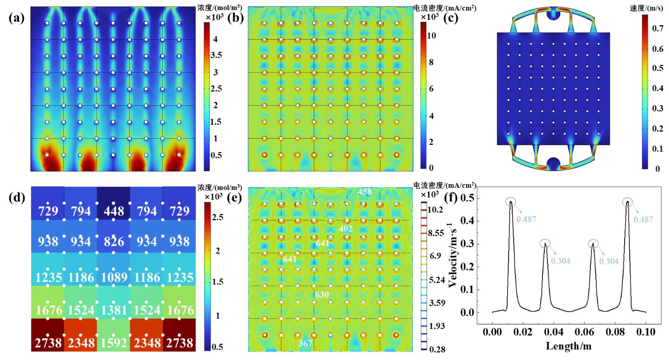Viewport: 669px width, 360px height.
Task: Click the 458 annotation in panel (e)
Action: click(365, 192)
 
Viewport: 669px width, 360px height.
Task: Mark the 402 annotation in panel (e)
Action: click(346, 228)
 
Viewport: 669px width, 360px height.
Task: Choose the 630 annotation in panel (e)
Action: click(322, 295)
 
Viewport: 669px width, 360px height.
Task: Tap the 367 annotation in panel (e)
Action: click(306, 343)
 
